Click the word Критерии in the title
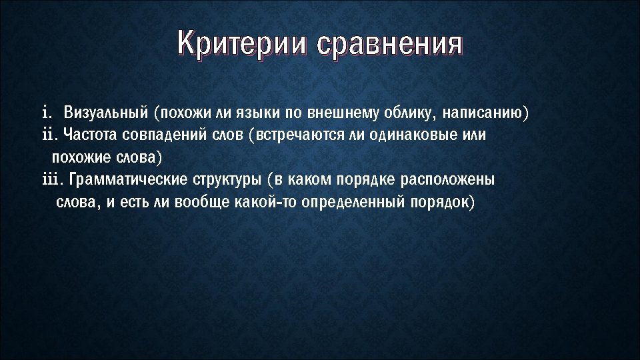click(x=244, y=45)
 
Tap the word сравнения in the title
click(x=390, y=45)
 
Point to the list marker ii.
click(x=50, y=135)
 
